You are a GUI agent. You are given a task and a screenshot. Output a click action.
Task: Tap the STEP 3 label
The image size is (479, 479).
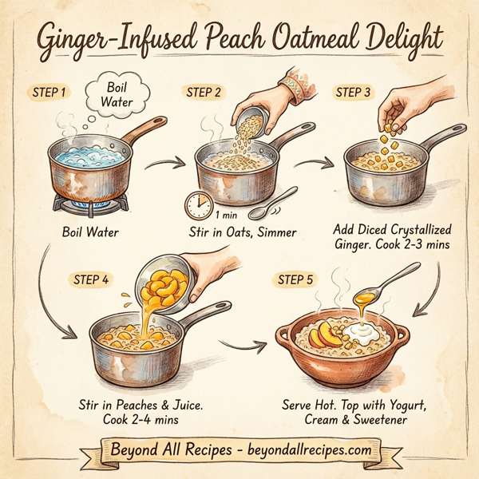pos(353,93)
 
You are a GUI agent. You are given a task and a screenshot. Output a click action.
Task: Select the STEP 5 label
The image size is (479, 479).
pos(295,279)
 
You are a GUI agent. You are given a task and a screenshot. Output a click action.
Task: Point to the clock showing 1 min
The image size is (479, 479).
pos(198,205)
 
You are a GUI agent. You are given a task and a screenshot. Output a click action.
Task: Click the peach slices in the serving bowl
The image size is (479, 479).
pos(323,334)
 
